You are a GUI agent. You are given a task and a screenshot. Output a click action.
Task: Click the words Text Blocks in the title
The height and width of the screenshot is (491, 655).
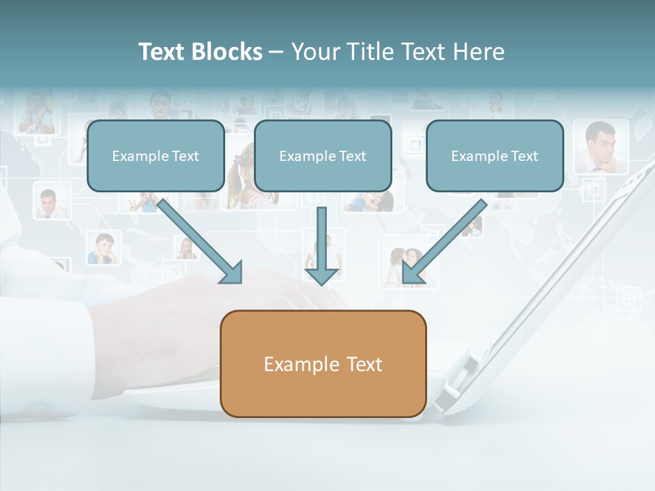200,52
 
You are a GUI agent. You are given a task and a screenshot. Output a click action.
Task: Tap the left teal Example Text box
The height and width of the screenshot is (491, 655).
156,155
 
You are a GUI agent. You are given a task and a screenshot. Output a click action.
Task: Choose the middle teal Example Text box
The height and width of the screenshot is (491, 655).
323,155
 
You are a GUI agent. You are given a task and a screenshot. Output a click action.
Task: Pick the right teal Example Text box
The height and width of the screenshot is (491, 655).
495,155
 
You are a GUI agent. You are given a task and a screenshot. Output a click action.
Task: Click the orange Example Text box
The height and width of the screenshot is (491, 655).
323,363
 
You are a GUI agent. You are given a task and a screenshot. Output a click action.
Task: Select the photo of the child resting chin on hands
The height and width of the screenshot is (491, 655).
104,248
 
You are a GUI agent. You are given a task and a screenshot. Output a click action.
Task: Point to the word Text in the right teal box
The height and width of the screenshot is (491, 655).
523,156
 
